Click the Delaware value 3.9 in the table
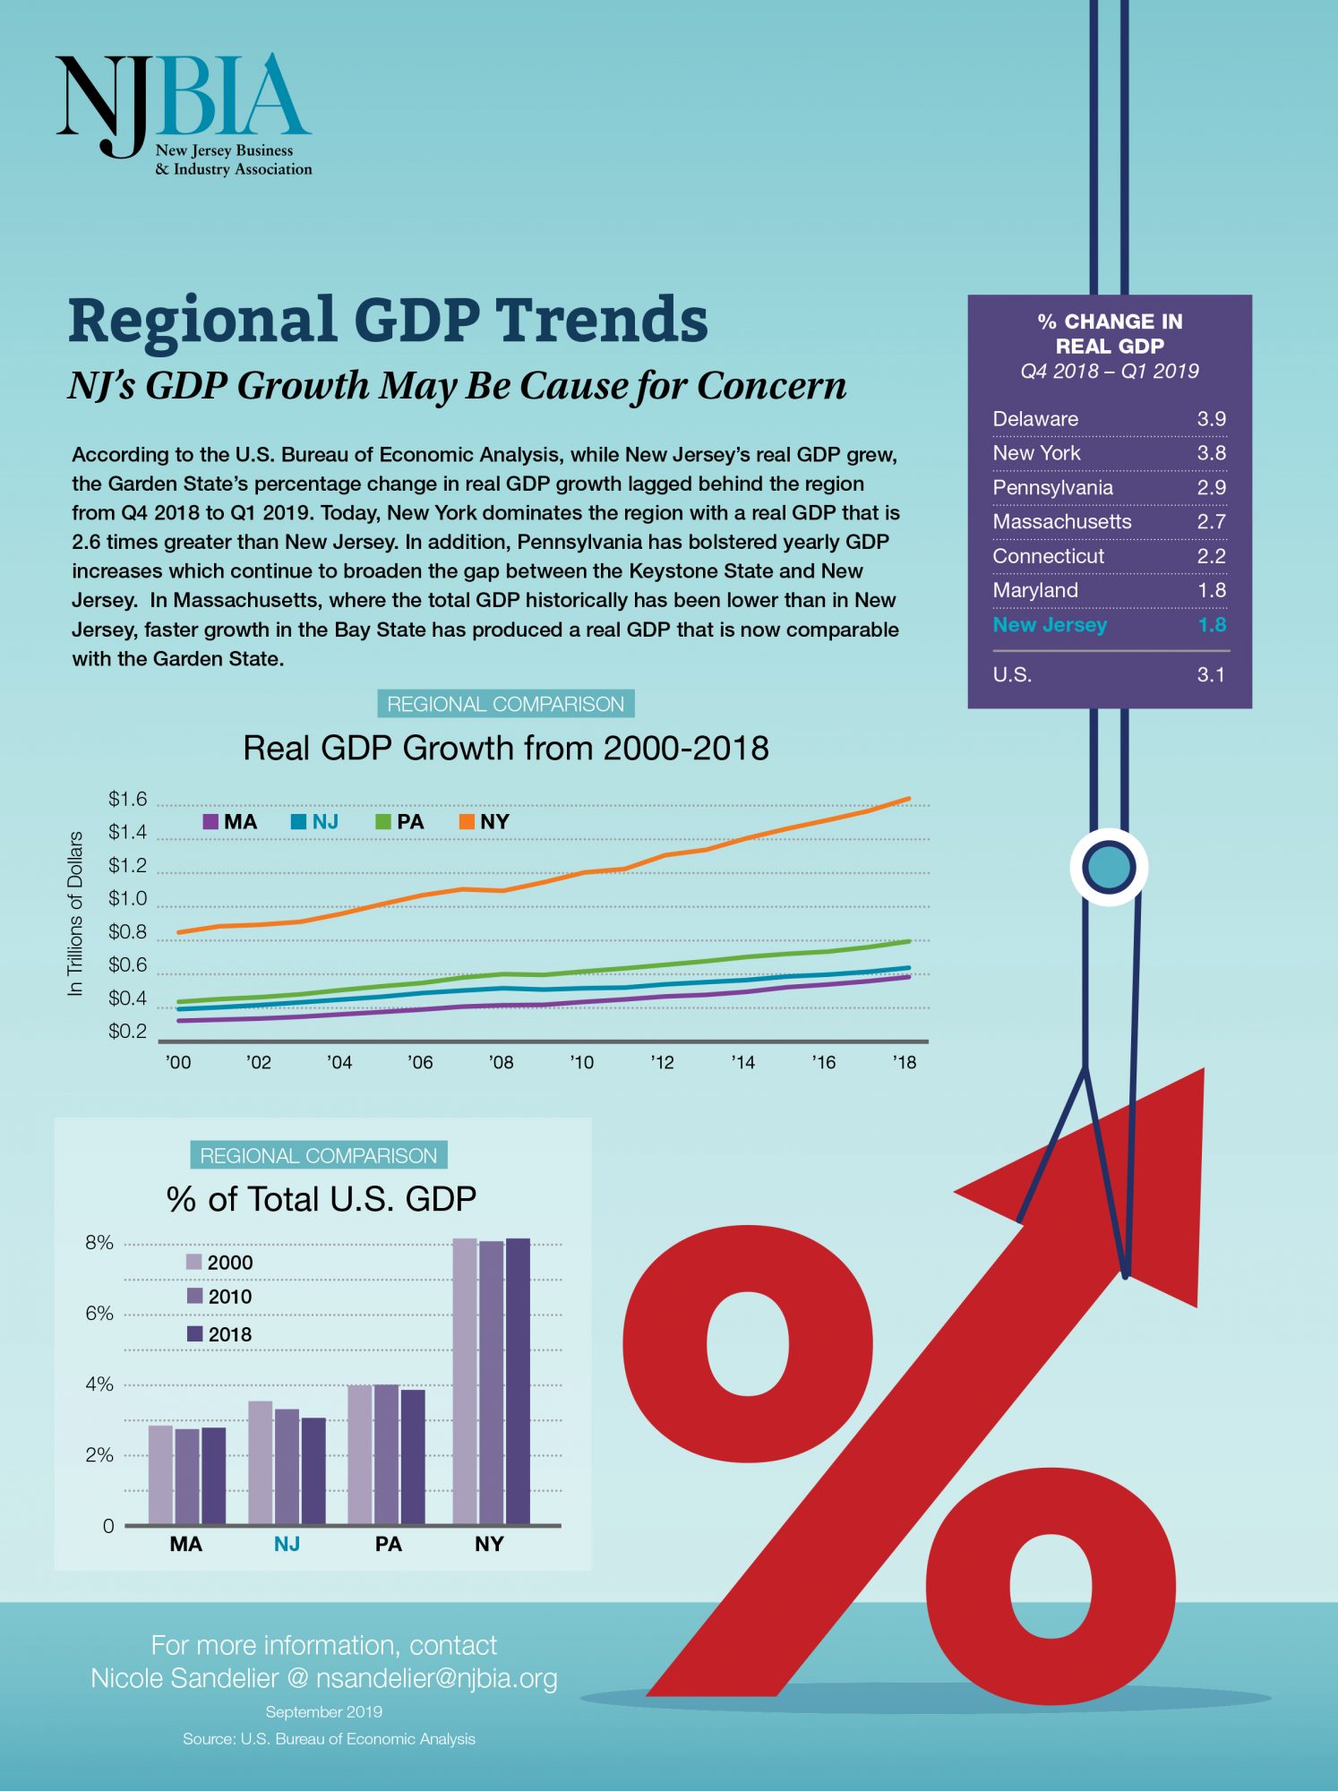[x=1211, y=419]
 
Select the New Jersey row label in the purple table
[x=1050, y=625]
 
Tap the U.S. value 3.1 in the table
[x=1211, y=674]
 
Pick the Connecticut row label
[x=1048, y=556]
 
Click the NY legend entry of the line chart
[x=485, y=822]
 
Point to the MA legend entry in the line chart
[x=230, y=822]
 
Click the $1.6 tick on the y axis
[x=127, y=799]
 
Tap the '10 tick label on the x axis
[x=581, y=1062]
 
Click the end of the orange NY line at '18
[x=908, y=799]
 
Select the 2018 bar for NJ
[x=313, y=1470]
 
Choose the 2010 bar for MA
[x=187, y=1476]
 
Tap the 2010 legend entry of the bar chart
[x=219, y=1297]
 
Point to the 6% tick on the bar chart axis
[x=99, y=1314]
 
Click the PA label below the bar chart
[x=389, y=1544]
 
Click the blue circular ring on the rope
[x=1109, y=867]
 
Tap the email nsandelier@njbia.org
[x=437, y=1678]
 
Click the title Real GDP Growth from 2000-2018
[x=506, y=748]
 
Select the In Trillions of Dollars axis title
[x=75, y=913]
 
